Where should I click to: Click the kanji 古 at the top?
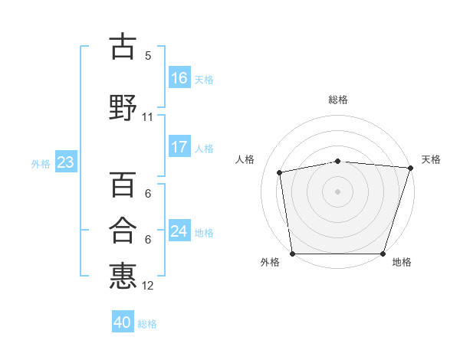(x=123, y=46)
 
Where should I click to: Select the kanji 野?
(x=123, y=107)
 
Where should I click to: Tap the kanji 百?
(x=123, y=184)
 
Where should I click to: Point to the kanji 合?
(x=123, y=230)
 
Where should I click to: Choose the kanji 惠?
(x=123, y=276)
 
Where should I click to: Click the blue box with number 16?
(x=179, y=77)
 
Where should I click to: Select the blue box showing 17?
(x=179, y=146)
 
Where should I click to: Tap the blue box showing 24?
(x=179, y=230)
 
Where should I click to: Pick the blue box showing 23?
(x=66, y=162)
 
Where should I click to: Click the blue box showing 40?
(x=123, y=321)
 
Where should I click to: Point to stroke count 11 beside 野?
(x=147, y=117)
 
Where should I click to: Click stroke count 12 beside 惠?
(x=147, y=286)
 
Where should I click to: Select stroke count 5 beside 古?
(x=148, y=56)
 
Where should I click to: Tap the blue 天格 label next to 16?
(x=204, y=80)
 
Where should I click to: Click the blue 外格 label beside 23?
(x=41, y=164)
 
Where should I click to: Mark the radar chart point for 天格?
(x=411, y=168)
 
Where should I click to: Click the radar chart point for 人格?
(x=280, y=172)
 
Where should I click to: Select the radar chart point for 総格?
(x=338, y=162)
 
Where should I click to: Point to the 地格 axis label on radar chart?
(x=402, y=262)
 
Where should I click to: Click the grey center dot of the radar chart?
(x=337, y=191)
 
